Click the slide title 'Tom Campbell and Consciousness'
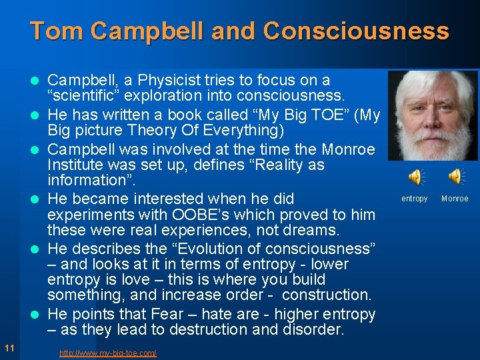pos(239,31)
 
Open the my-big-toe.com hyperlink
pos(107,353)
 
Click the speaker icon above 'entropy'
pos(415,177)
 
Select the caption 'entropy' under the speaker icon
pos(414,199)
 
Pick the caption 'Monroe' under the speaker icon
pos(455,199)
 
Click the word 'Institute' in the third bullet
pos(75,164)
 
